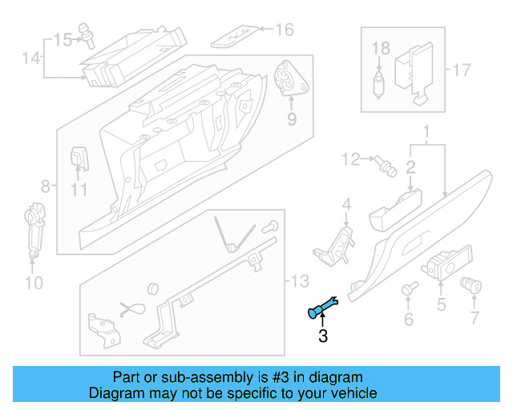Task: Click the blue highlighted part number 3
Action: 324,307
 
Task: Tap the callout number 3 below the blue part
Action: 323,336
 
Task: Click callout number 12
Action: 351,160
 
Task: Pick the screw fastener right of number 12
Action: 386,166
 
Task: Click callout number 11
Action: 78,190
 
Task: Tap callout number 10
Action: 33,282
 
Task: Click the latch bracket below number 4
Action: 337,242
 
